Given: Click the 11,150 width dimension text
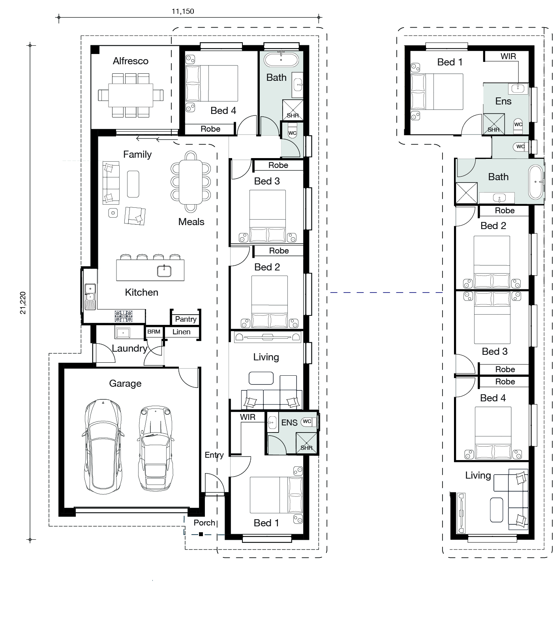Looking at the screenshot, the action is point(183,11).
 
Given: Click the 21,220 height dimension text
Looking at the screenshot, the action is point(23,303).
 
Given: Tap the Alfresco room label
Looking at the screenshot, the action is point(131,61).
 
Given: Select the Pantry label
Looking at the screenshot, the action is point(186,319).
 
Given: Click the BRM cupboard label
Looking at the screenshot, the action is point(154,332).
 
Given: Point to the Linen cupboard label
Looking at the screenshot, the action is point(182,332).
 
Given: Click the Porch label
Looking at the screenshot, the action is point(204,523).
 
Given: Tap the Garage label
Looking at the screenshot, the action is point(125,384).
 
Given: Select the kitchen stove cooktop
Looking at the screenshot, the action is point(124,316).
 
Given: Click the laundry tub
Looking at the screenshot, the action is point(123,332).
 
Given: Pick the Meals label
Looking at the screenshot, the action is point(191,222).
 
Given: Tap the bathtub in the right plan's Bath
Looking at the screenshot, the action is point(536,182).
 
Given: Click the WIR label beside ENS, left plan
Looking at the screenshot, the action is point(248,417).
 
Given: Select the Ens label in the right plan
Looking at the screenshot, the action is point(503,101).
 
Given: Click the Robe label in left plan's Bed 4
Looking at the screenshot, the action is point(210,129).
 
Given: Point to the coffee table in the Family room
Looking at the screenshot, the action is point(133,184).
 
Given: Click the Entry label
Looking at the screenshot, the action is point(214,455).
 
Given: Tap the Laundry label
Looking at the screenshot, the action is point(129,349).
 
